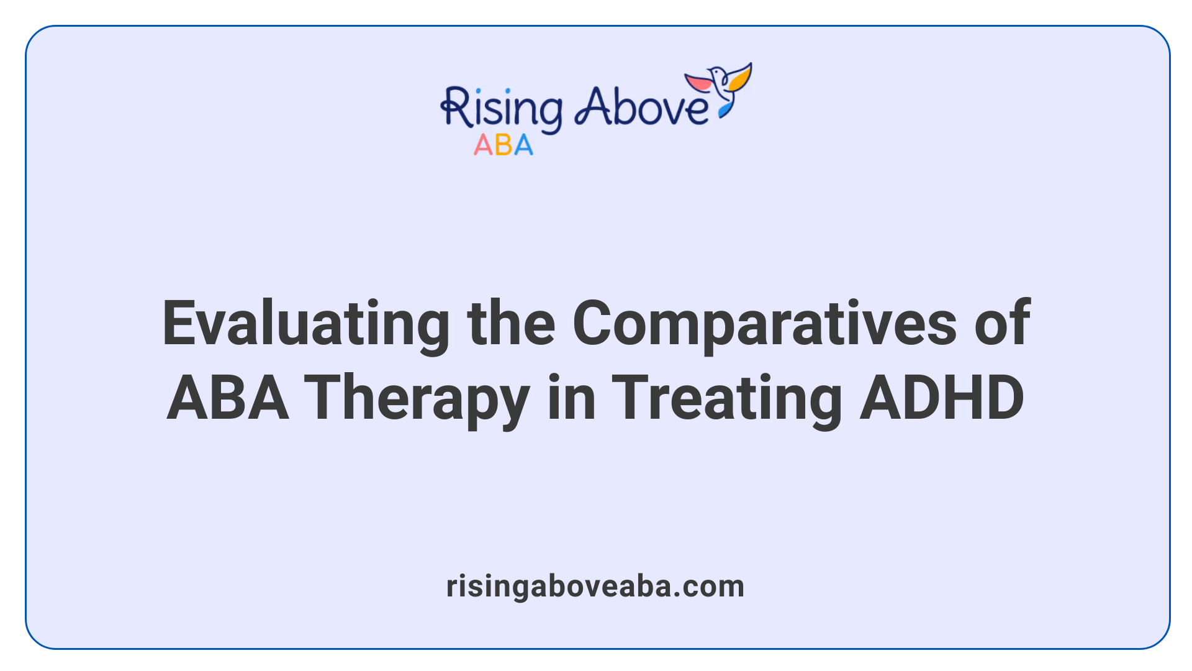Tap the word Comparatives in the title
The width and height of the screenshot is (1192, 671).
764,324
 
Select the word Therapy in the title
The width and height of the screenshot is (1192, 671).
416,399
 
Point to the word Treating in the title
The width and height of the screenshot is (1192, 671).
726,399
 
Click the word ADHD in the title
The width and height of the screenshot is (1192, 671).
942,398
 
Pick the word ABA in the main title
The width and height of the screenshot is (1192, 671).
228,398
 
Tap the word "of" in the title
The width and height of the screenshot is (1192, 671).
1002,323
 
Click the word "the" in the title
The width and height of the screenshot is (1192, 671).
511,323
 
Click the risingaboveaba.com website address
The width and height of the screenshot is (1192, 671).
595,587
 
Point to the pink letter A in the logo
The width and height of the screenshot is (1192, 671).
483,145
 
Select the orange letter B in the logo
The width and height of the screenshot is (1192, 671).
503,145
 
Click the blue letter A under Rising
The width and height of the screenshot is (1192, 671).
523,145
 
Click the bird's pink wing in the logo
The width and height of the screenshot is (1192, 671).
698,82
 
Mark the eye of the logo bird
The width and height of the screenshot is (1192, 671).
718,73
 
